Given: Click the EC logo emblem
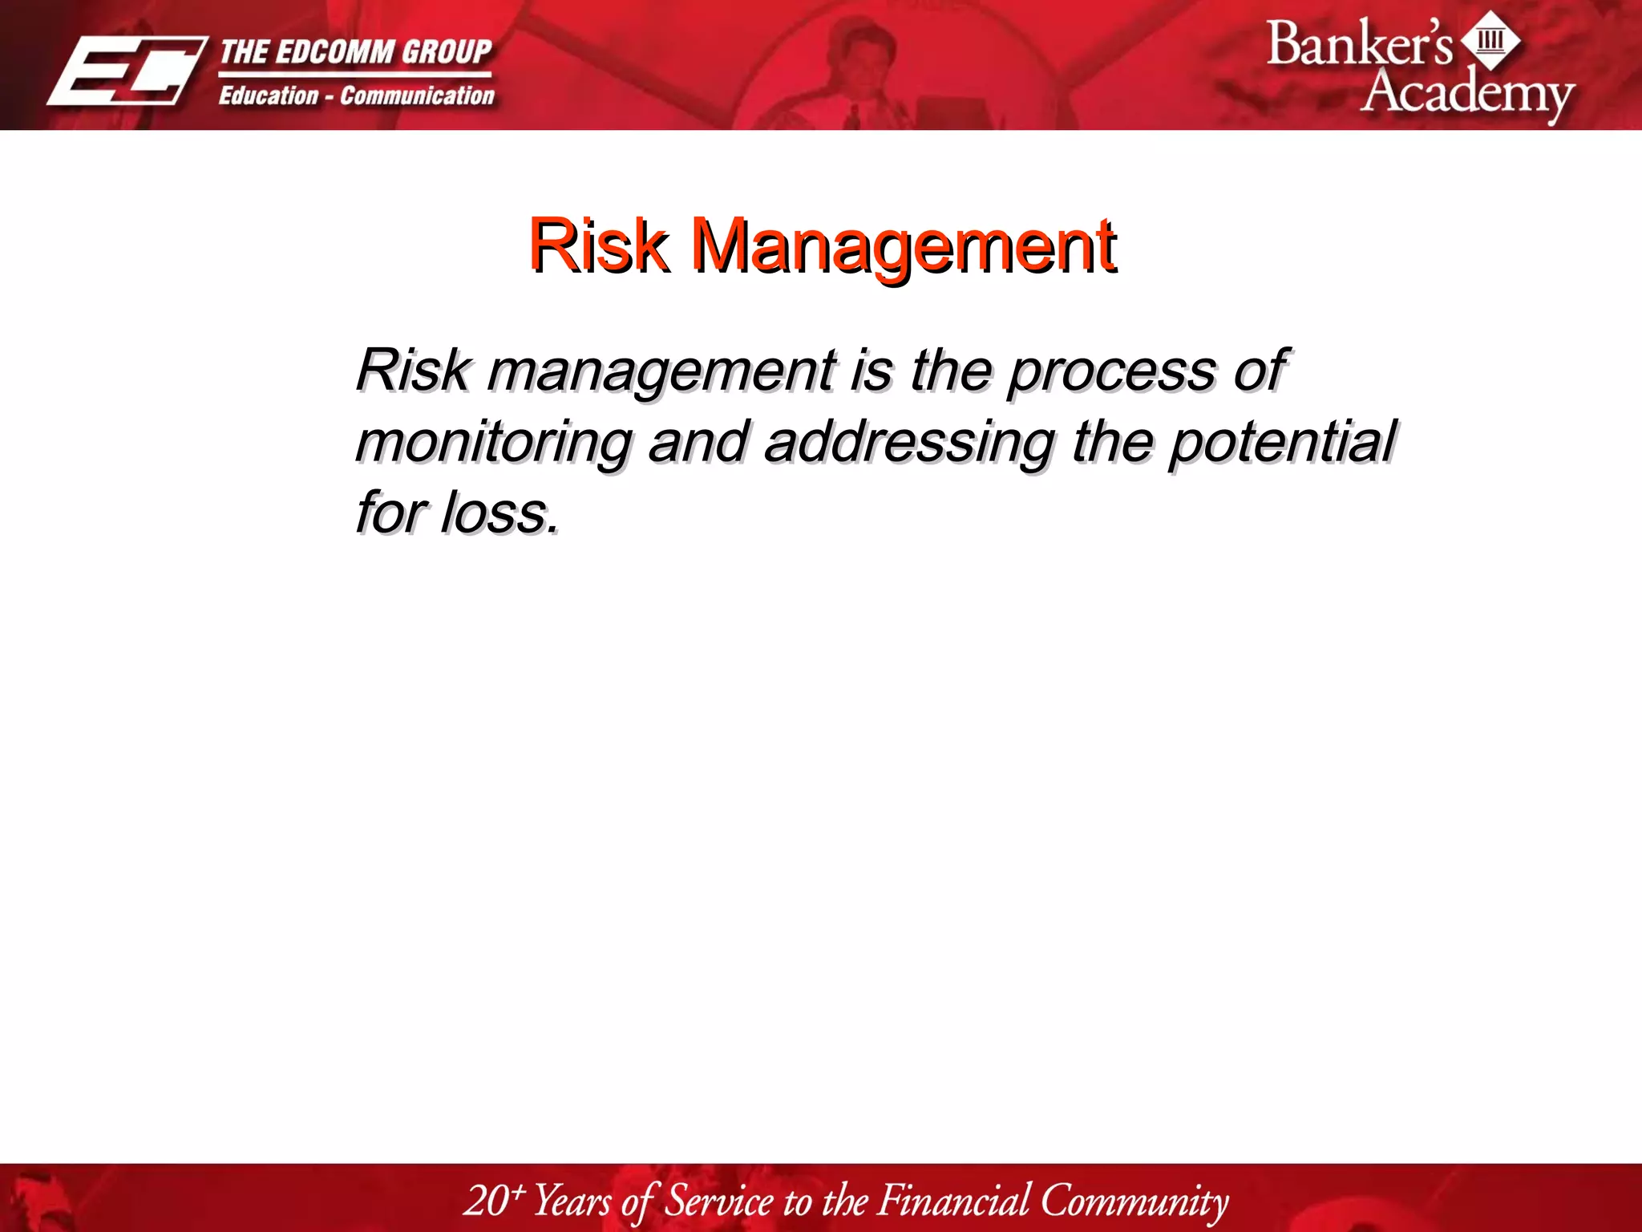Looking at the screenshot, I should click(x=127, y=71).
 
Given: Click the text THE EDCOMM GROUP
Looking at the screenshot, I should click(x=355, y=52).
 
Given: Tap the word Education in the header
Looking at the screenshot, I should click(x=269, y=96).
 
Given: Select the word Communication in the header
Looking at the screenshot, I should click(x=417, y=96).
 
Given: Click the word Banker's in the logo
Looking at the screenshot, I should click(x=1359, y=44).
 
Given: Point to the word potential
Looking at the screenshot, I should click(x=1281, y=442).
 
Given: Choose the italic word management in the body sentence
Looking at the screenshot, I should click(x=661, y=371).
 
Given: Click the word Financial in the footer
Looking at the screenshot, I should click(x=954, y=1200).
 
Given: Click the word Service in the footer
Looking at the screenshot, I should click(x=719, y=1200).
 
